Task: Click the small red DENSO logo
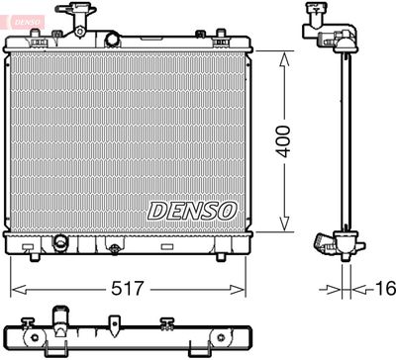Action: [20, 11]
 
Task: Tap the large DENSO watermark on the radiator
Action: [193, 210]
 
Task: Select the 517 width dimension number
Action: [128, 290]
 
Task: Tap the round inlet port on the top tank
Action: [112, 40]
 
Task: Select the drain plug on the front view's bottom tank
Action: [60, 242]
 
